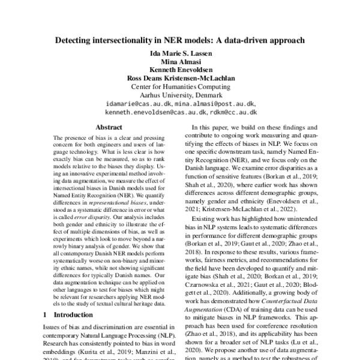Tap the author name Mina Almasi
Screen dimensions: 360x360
pos(181,68)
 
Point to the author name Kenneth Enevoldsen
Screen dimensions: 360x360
pos(181,77)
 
